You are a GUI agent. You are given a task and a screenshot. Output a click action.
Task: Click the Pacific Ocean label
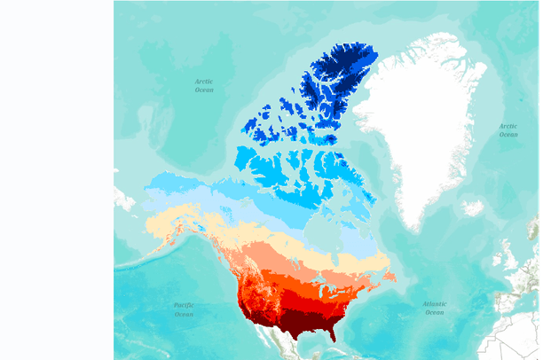coord(184,309)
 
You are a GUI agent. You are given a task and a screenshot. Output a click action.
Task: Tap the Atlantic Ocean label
coord(434,308)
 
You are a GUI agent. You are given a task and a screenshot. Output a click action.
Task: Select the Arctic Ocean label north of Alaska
coord(204,85)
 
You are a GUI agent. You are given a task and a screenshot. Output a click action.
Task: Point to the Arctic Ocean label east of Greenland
coord(508,129)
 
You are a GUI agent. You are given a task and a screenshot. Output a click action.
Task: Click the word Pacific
coord(184,304)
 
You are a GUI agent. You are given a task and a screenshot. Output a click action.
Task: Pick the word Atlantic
coord(434,303)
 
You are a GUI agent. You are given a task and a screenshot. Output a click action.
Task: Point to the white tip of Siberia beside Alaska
coord(122,197)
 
